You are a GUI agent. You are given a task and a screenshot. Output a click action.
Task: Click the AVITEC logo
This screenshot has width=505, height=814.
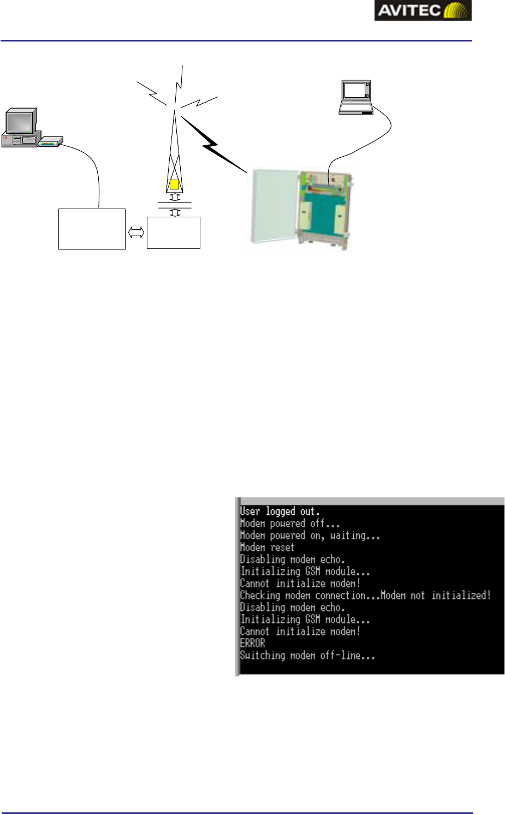[423, 10]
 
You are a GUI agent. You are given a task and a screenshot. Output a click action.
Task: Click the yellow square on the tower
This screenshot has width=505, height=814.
[174, 185]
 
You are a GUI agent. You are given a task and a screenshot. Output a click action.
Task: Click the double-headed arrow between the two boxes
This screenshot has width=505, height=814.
[136, 233]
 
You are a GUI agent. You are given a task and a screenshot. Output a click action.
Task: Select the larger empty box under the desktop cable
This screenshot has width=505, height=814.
[92, 229]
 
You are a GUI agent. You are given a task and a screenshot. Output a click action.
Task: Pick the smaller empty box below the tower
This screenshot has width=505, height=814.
[174, 233]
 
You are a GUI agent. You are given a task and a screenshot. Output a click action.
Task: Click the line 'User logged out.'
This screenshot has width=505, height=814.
[280, 512]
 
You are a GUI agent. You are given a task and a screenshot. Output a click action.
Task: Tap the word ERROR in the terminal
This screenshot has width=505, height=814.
[253, 644]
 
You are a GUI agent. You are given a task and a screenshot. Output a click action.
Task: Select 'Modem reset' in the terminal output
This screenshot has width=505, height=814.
[268, 548]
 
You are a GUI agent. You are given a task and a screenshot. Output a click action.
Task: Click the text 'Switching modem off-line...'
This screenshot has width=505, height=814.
[308, 656]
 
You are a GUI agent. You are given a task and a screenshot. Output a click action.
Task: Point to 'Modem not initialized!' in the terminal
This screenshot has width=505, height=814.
[436, 596]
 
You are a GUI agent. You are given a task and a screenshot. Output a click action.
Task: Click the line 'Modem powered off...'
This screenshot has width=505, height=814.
[290, 524]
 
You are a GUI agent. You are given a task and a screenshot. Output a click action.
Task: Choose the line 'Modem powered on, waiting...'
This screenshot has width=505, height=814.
[310, 536]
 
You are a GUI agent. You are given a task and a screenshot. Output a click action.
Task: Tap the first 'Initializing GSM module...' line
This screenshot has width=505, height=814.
[305, 572]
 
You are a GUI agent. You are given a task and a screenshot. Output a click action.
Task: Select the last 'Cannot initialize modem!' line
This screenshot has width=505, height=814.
[301, 632]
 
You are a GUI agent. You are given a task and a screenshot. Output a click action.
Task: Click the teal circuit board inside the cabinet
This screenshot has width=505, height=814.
[322, 210]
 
